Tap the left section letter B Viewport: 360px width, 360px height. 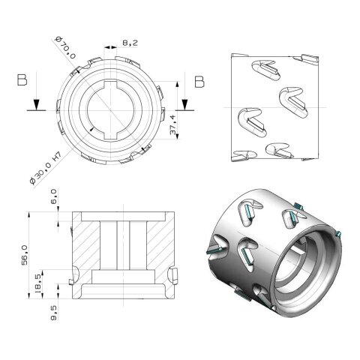coord(22,82)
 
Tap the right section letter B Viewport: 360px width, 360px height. coord(199,81)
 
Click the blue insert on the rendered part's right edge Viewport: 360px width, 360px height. coord(339,235)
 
